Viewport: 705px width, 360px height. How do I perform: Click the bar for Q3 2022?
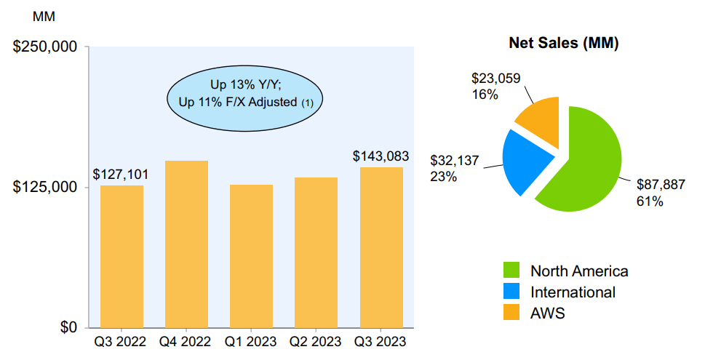[x=122, y=256]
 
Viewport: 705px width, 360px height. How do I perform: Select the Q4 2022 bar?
[x=186, y=244]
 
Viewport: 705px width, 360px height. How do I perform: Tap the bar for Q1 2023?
[x=251, y=256]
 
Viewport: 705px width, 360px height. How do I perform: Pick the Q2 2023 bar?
[x=316, y=252]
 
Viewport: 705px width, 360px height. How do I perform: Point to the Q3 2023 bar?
[x=381, y=247]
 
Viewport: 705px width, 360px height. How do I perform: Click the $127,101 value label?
[x=122, y=175]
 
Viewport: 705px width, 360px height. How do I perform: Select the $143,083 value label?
[x=381, y=156]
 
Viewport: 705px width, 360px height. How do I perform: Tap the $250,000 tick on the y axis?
[x=45, y=47]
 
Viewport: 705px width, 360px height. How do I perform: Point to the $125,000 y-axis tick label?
[x=45, y=187]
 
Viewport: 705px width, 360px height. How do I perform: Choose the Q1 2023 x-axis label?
[x=251, y=341]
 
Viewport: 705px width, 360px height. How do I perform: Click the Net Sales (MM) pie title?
[x=563, y=44]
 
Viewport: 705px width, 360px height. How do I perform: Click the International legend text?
[x=573, y=292]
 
